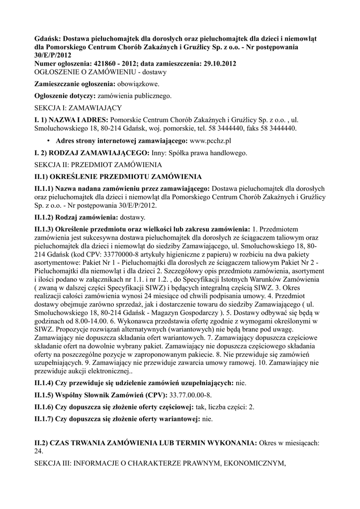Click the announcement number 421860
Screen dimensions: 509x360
click(x=106, y=64)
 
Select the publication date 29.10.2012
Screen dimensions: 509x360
click(x=217, y=64)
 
